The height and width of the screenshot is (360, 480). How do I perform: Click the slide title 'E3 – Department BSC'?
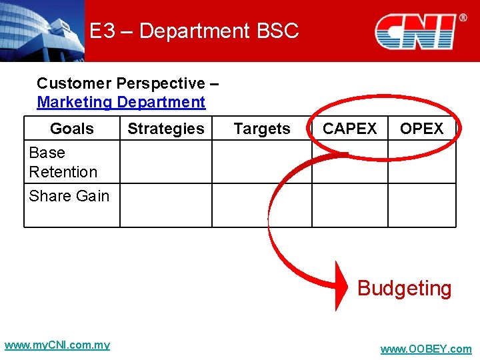tap(194, 31)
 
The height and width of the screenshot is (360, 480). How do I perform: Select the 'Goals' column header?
tap(72, 129)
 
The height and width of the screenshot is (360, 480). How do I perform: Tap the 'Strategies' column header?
tap(166, 129)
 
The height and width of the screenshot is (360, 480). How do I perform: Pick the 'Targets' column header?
tap(262, 129)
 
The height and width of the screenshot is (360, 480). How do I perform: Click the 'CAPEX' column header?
tap(349, 129)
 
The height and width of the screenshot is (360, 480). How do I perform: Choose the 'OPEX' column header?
tap(421, 129)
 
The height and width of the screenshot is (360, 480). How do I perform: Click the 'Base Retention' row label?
tap(63, 162)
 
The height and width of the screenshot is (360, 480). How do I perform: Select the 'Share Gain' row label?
tap(69, 196)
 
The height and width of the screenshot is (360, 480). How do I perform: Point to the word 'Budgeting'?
tap(404, 289)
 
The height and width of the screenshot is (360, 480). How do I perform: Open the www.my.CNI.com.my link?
tap(57, 345)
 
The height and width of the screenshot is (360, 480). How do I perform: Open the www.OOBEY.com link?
tap(425, 349)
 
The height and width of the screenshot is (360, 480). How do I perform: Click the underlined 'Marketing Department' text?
tap(121, 102)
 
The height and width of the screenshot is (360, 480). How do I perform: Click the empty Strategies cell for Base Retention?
tap(166, 162)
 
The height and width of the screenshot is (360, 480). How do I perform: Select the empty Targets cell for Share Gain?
tap(262, 205)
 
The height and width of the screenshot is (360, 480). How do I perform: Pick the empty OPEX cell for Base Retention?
tap(422, 162)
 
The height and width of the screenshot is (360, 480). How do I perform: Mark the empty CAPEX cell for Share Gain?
tap(349, 205)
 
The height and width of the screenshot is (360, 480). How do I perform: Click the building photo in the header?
tap(42, 31)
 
